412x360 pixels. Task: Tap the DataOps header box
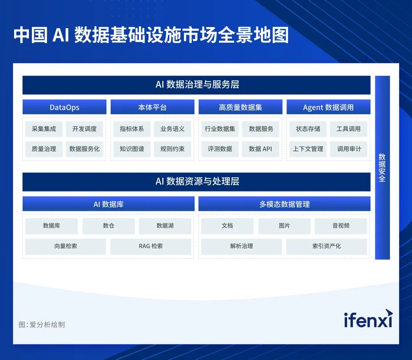click(x=64, y=107)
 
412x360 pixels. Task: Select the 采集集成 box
click(x=44, y=129)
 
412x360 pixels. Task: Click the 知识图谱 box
click(x=132, y=149)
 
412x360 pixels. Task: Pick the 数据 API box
click(x=261, y=149)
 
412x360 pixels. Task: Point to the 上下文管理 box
click(x=308, y=149)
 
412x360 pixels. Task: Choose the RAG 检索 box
click(x=151, y=246)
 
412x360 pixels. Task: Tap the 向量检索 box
click(x=66, y=246)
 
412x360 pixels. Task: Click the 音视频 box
click(x=341, y=226)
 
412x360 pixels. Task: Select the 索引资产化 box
click(x=327, y=246)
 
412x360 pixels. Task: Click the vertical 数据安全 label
click(x=382, y=167)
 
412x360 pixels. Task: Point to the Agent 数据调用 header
click(x=328, y=107)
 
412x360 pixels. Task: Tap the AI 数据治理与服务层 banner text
click(x=197, y=85)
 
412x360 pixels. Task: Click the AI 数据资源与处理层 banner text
click(x=197, y=182)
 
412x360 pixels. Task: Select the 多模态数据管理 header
click(x=284, y=204)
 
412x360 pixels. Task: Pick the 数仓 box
click(x=108, y=226)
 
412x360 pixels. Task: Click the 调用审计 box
click(x=349, y=149)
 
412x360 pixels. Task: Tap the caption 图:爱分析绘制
click(x=42, y=325)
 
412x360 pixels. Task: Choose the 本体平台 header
click(x=152, y=107)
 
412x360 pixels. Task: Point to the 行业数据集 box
click(x=220, y=129)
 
